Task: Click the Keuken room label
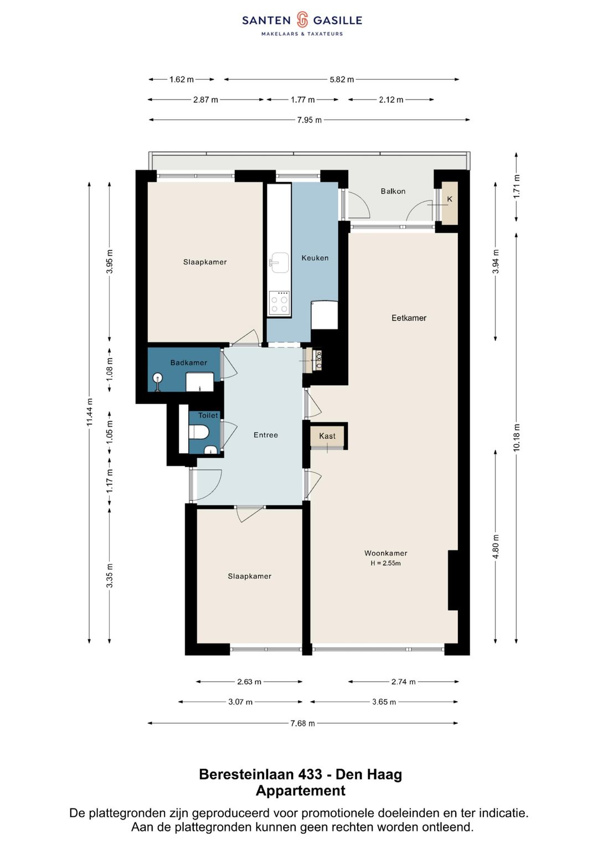[315, 258]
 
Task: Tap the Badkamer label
[189, 362]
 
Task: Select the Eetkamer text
[409, 318]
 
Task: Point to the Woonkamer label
[386, 553]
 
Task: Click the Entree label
[266, 435]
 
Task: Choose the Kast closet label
[327, 436]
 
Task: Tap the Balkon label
[393, 191]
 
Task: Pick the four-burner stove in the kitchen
[280, 304]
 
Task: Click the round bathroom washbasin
[158, 377]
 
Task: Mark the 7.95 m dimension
[309, 120]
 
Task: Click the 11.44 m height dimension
[90, 412]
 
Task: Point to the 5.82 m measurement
[342, 80]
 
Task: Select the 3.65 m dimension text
[384, 702]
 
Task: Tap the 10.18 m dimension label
[517, 437]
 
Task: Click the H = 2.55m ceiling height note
[386, 563]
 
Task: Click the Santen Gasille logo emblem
[302, 20]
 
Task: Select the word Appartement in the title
[301, 790]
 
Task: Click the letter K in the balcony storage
[450, 199]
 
